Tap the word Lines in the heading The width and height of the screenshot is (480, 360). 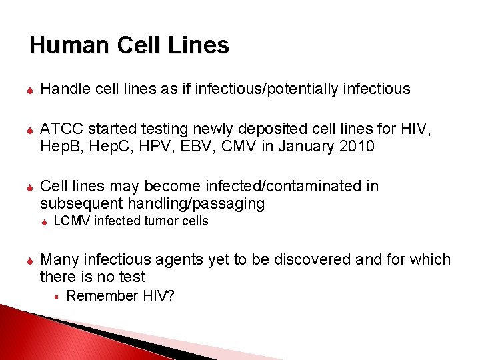click(199, 45)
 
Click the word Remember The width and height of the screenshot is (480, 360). click(102, 295)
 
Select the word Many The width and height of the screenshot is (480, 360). click(59, 259)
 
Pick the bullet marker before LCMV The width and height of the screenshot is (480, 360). click(43, 221)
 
